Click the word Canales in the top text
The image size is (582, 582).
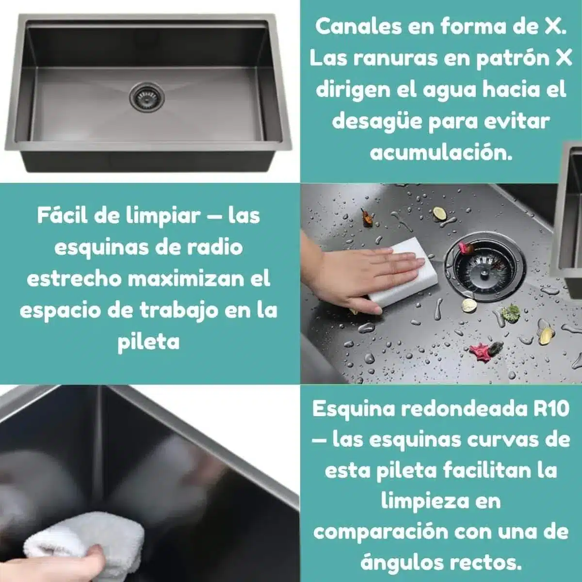tap(358, 27)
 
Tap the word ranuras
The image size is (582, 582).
tap(395, 58)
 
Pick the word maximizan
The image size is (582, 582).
tap(186, 279)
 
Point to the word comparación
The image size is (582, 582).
tap(381, 533)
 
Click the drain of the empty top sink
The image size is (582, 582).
tap(147, 96)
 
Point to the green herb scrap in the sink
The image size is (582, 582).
tap(510, 313)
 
